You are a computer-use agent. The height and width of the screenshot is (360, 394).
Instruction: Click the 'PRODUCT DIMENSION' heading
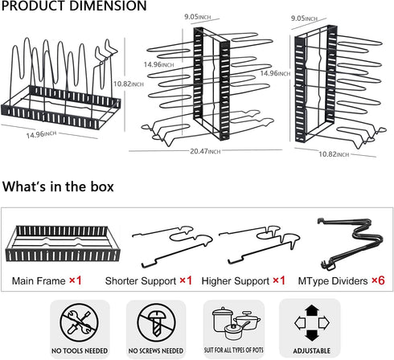pos(74,6)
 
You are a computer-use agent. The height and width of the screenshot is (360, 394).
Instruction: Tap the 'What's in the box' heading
pos(58,186)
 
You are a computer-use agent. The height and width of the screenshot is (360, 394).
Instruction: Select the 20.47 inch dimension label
pos(205,151)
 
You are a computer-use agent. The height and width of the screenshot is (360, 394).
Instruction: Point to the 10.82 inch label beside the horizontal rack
pos(129,84)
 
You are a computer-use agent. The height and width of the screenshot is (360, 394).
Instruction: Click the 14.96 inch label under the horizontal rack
pos(41,134)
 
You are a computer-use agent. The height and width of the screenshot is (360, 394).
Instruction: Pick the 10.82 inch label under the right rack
pos(334,154)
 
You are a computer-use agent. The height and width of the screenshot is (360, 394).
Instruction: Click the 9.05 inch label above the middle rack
pos(198,17)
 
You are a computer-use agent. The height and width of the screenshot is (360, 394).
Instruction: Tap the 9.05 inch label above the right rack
pos(304,18)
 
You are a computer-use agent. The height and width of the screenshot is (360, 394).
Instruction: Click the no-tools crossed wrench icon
pos(80,322)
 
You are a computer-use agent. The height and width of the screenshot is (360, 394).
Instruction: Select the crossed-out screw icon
pos(157,322)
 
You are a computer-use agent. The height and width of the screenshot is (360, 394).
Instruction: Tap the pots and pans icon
pos(236,323)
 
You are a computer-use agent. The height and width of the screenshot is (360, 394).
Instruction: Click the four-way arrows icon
pos(312,322)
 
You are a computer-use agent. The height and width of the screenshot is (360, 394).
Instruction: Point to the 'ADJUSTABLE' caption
pos(312,350)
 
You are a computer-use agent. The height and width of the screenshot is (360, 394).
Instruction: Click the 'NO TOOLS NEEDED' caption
pos(80,350)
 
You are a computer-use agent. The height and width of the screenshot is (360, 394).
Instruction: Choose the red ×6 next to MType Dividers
pos(378,280)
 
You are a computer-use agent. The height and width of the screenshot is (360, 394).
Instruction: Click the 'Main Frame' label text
pos(39,281)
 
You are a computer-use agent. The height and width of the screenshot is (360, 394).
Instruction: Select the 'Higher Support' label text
pos(236,281)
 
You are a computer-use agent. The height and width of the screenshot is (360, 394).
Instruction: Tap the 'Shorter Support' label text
pos(141,281)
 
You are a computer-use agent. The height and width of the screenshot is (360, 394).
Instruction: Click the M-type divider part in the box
pos(356,235)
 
